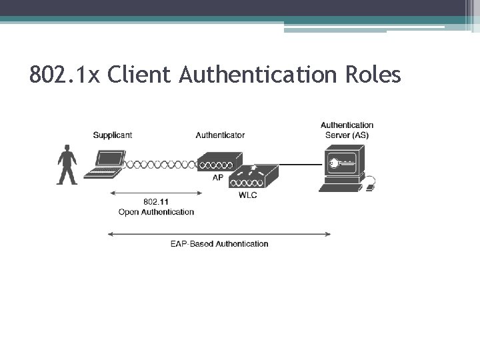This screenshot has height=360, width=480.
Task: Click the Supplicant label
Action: [112, 135]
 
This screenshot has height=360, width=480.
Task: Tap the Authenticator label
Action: [220, 135]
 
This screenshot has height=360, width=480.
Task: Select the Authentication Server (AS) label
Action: [347, 130]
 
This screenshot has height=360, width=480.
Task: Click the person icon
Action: [67, 165]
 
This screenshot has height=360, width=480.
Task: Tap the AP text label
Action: [218, 178]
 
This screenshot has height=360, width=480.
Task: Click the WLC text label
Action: [247, 195]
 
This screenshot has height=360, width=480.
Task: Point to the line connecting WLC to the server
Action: [300, 164]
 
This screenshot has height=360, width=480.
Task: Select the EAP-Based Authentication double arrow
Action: [219, 233]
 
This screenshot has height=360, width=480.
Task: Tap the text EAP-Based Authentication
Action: [219, 244]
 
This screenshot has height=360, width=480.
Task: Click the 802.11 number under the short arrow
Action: [156, 202]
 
